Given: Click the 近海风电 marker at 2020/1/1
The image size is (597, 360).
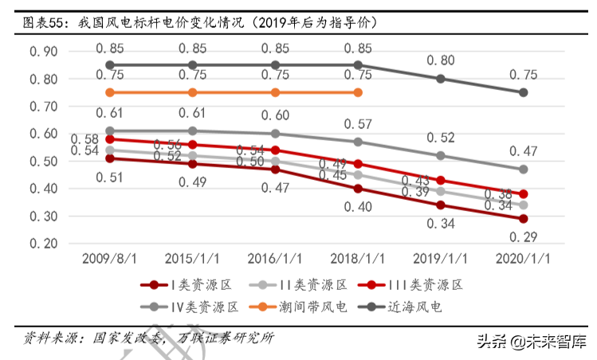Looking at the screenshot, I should pyautogui.click(x=523, y=92).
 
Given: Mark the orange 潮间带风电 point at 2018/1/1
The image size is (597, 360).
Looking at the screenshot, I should pyautogui.click(x=358, y=92).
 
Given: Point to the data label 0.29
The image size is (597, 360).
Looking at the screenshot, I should pyautogui.click(x=523, y=237).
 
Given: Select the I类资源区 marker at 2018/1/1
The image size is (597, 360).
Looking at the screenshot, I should pyautogui.click(x=358, y=189).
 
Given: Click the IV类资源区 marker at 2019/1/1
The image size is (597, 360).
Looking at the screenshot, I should pyautogui.click(x=441, y=155).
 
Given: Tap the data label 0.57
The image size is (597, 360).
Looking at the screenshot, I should pyautogui.click(x=358, y=124).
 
